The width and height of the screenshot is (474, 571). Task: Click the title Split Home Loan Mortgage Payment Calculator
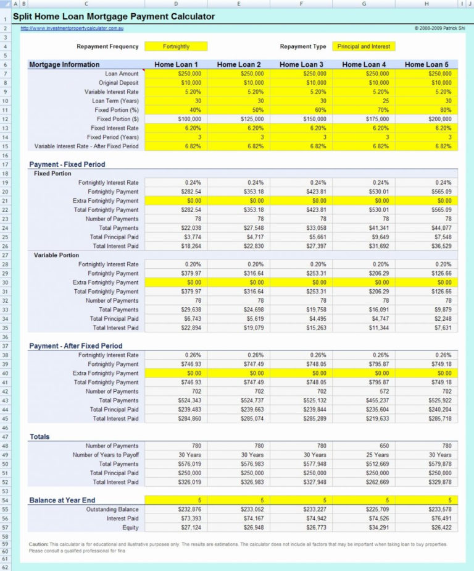click(114, 17)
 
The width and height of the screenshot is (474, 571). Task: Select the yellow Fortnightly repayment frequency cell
click(176, 46)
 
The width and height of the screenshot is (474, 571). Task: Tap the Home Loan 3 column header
click(301, 64)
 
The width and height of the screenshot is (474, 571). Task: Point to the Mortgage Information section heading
click(64, 64)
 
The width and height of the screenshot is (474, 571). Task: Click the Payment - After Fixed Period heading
click(75, 346)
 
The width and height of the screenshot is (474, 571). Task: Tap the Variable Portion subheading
click(56, 255)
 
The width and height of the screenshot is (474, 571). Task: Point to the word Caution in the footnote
click(38, 544)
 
